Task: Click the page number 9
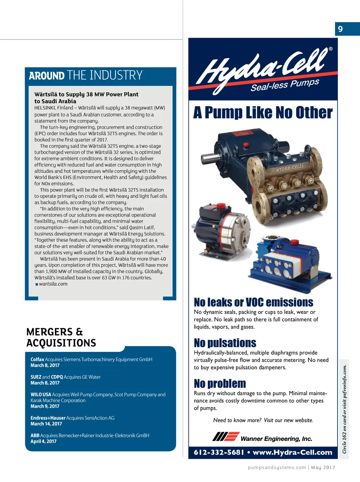pyautogui.click(x=340, y=29)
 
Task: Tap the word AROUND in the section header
pyautogui.click(x=47, y=76)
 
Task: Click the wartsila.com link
pyautogui.click(x=53, y=284)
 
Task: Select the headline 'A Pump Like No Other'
pyautogui.click(x=263, y=113)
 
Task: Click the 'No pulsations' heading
pyautogui.click(x=225, y=343)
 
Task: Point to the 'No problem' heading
pyautogui.click(x=220, y=383)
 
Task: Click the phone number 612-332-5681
pyautogui.click(x=219, y=452)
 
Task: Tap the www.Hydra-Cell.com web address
pyautogui.click(x=292, y=452)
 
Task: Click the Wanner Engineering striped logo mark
pyautogui.click(x=226, y=437)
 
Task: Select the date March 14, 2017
pyautogui.click(x=46, y=424)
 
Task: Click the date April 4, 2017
pyautogui.click(x=43, y=442)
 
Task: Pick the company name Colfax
pyautogui.click(x=37, y=359)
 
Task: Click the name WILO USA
pyautogui.click(x=41, y=394)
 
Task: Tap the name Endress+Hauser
pyautogui.click(x=48, y=418)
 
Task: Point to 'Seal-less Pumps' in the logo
pyautogui.click(x=285, y=85)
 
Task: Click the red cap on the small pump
pyautogui.click(x=221, y=206)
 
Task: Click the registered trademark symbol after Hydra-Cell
pyautogui.click(x=330, y=49)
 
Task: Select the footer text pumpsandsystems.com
pyautogui.click(x=277, y=468)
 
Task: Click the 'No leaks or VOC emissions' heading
pyautogui.click(x=253, y=302)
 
